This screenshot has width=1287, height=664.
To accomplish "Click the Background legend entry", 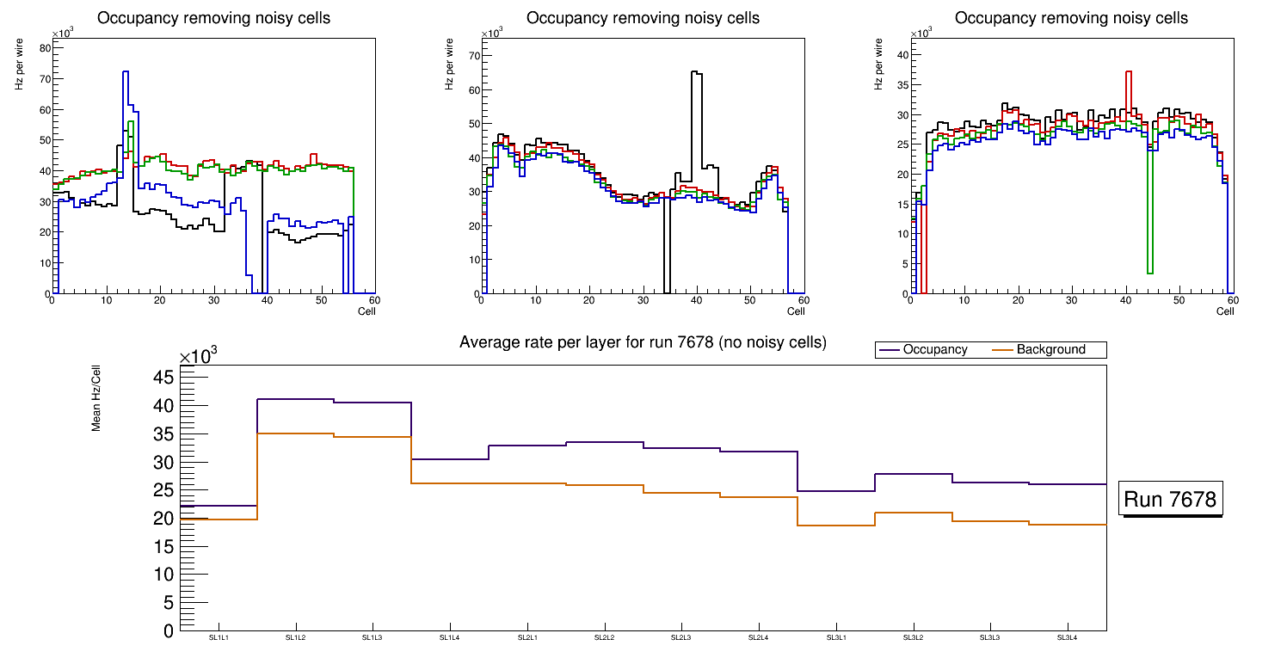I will coord(1050,350).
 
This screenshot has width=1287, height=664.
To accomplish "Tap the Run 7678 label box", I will coord(1172,500).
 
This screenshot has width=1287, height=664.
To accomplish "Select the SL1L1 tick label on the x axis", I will coord(219,638).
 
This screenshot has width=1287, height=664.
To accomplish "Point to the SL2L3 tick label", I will coord(681,638).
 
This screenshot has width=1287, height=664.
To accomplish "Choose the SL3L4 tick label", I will coord(1067,638).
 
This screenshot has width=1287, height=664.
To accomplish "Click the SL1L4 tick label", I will coord(450,638).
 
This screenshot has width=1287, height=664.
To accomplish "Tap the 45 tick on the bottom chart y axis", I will coord(163,378).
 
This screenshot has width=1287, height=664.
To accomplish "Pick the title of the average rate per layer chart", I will coord(643,342).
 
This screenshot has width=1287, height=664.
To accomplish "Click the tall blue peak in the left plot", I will coord(126,73).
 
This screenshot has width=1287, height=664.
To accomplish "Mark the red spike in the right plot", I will coord(1128,72).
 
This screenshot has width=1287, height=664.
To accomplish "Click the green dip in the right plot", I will coord(1149,272).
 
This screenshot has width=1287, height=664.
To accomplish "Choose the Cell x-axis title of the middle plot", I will coord(796,310).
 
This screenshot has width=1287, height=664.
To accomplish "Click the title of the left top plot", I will coord(213,18).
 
